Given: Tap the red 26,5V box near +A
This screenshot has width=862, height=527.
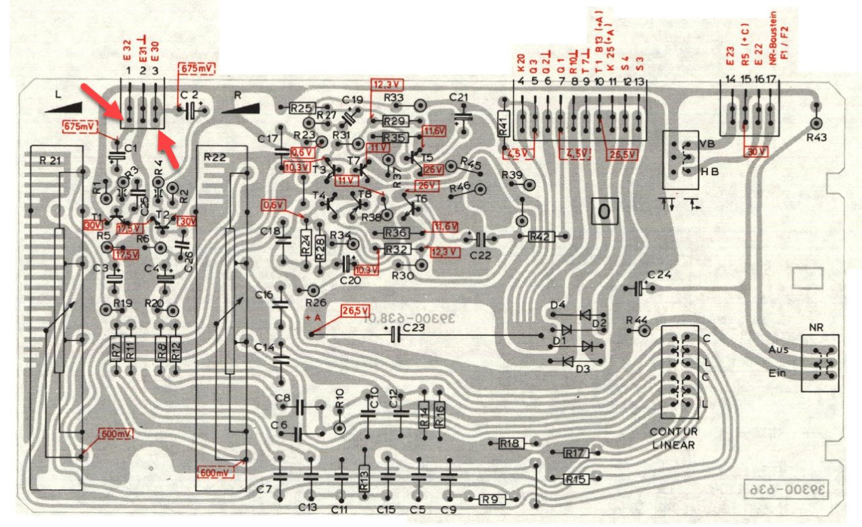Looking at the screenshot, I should pyautogui.click(x=356, y=311).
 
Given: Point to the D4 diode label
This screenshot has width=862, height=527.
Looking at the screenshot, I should pyautogui.click(x=558, y=306).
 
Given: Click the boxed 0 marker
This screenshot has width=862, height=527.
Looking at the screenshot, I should pyautogui.click(x=604, y=213).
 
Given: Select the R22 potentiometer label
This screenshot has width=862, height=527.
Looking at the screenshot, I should pyautogui.click(x=215, y=156).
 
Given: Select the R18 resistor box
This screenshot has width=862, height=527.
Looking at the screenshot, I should pyautogui.click(x=510, y=444).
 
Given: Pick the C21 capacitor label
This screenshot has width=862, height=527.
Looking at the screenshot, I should pyautogui.click(x=458, y=97).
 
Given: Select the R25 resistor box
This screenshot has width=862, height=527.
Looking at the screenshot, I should pyautogui.click(x=302, y=108).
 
